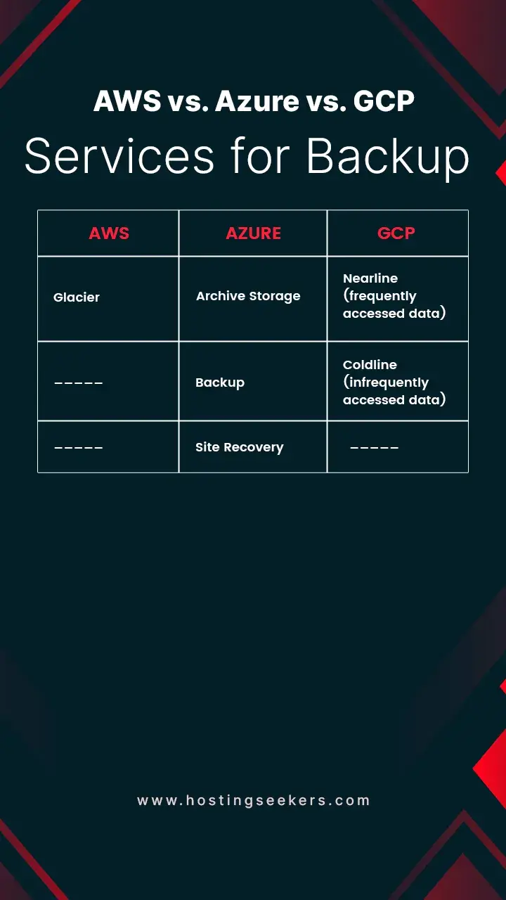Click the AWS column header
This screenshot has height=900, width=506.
pos(109,233)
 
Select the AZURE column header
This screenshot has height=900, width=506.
pos(253,233)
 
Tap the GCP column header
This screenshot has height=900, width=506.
pos(396,233)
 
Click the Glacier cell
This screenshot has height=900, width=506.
pos(77,297)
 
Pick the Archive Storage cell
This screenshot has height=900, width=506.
pos(248,296)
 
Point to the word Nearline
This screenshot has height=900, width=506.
pos(370,278)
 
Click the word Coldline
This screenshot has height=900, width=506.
pos(370,365)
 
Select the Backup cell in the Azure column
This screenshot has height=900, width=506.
pos(220,382)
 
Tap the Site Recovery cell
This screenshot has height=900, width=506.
pos(240,447)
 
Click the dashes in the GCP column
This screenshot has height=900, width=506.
pos(375,448)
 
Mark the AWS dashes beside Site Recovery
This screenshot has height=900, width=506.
pos(79,448)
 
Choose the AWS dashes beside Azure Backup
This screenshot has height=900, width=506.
pos(79,383)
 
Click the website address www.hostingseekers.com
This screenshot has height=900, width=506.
pos(253,800)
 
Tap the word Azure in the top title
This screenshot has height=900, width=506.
pos(257,102)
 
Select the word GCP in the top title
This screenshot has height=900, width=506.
pos(384,102)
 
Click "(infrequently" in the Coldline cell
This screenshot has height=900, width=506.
pos(386,382)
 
